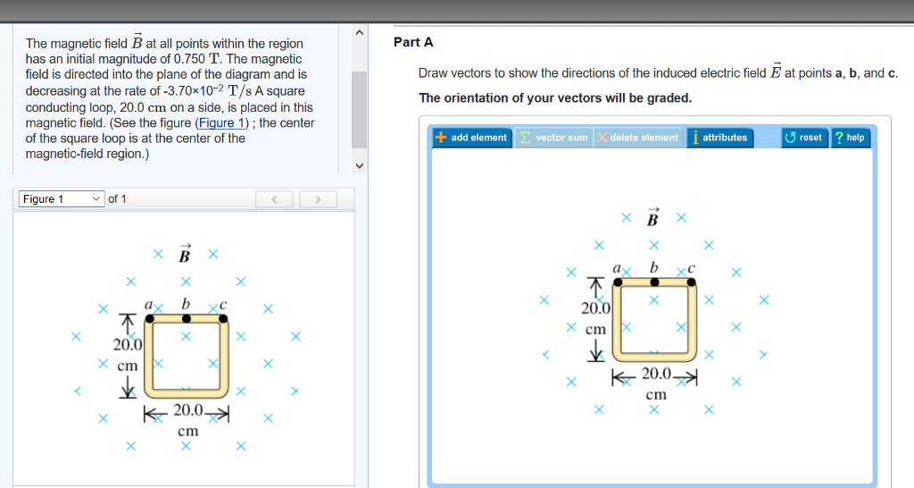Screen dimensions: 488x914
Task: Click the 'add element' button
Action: pos(472,138)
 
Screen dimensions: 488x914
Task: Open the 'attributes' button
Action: pos(719,138)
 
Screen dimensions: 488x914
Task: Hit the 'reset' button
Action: pos(803,138)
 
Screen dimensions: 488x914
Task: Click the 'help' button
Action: pos(849,138)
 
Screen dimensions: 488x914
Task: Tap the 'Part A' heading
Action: pos(413,43)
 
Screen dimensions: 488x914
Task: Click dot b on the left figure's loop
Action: pos(186,319)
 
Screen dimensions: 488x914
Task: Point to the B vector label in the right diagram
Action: pos(653,217)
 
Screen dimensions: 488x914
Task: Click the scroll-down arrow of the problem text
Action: pos(360,165)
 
